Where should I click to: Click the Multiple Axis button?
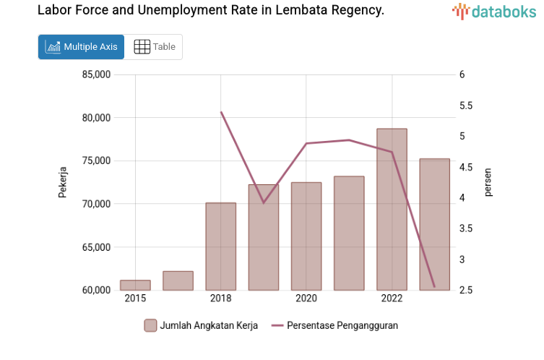[81, 47]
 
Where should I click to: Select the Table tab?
[155, 47]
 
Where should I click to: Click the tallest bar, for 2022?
[392, 210]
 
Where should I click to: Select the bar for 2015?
[135, 286]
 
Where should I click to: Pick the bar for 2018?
[220, 247]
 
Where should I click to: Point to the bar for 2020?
[306, 236]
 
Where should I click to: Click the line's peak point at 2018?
[220, 112]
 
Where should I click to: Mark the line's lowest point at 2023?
[434, 287]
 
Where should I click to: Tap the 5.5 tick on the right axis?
[466, 106]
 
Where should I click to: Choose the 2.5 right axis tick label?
[466, 291]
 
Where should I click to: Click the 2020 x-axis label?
[306, 299]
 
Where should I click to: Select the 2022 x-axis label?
[392, 299]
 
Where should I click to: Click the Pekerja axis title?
[63, 182]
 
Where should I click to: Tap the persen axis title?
[488, 182]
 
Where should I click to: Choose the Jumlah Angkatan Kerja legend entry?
[200, 325]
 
